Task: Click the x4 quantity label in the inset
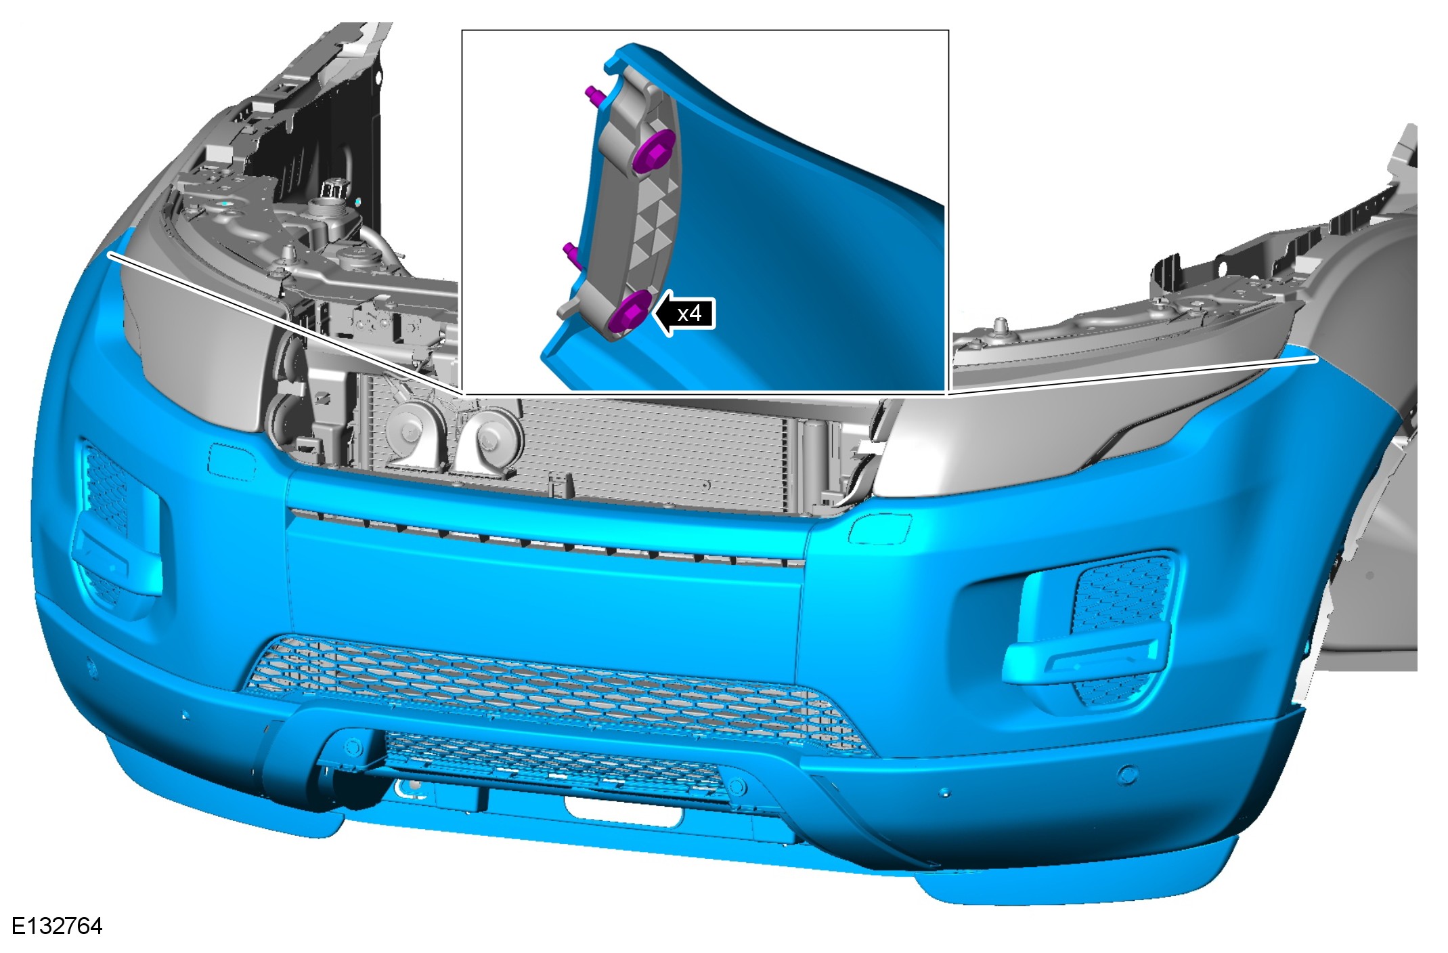(x=689, y=314)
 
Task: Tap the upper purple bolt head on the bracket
(x=654, y=150)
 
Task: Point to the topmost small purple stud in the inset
(x=594, y=95)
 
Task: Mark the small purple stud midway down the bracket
(x=573, y=253)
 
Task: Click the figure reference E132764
(x=57, y=927)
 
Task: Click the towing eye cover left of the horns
(x=232, y=461)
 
